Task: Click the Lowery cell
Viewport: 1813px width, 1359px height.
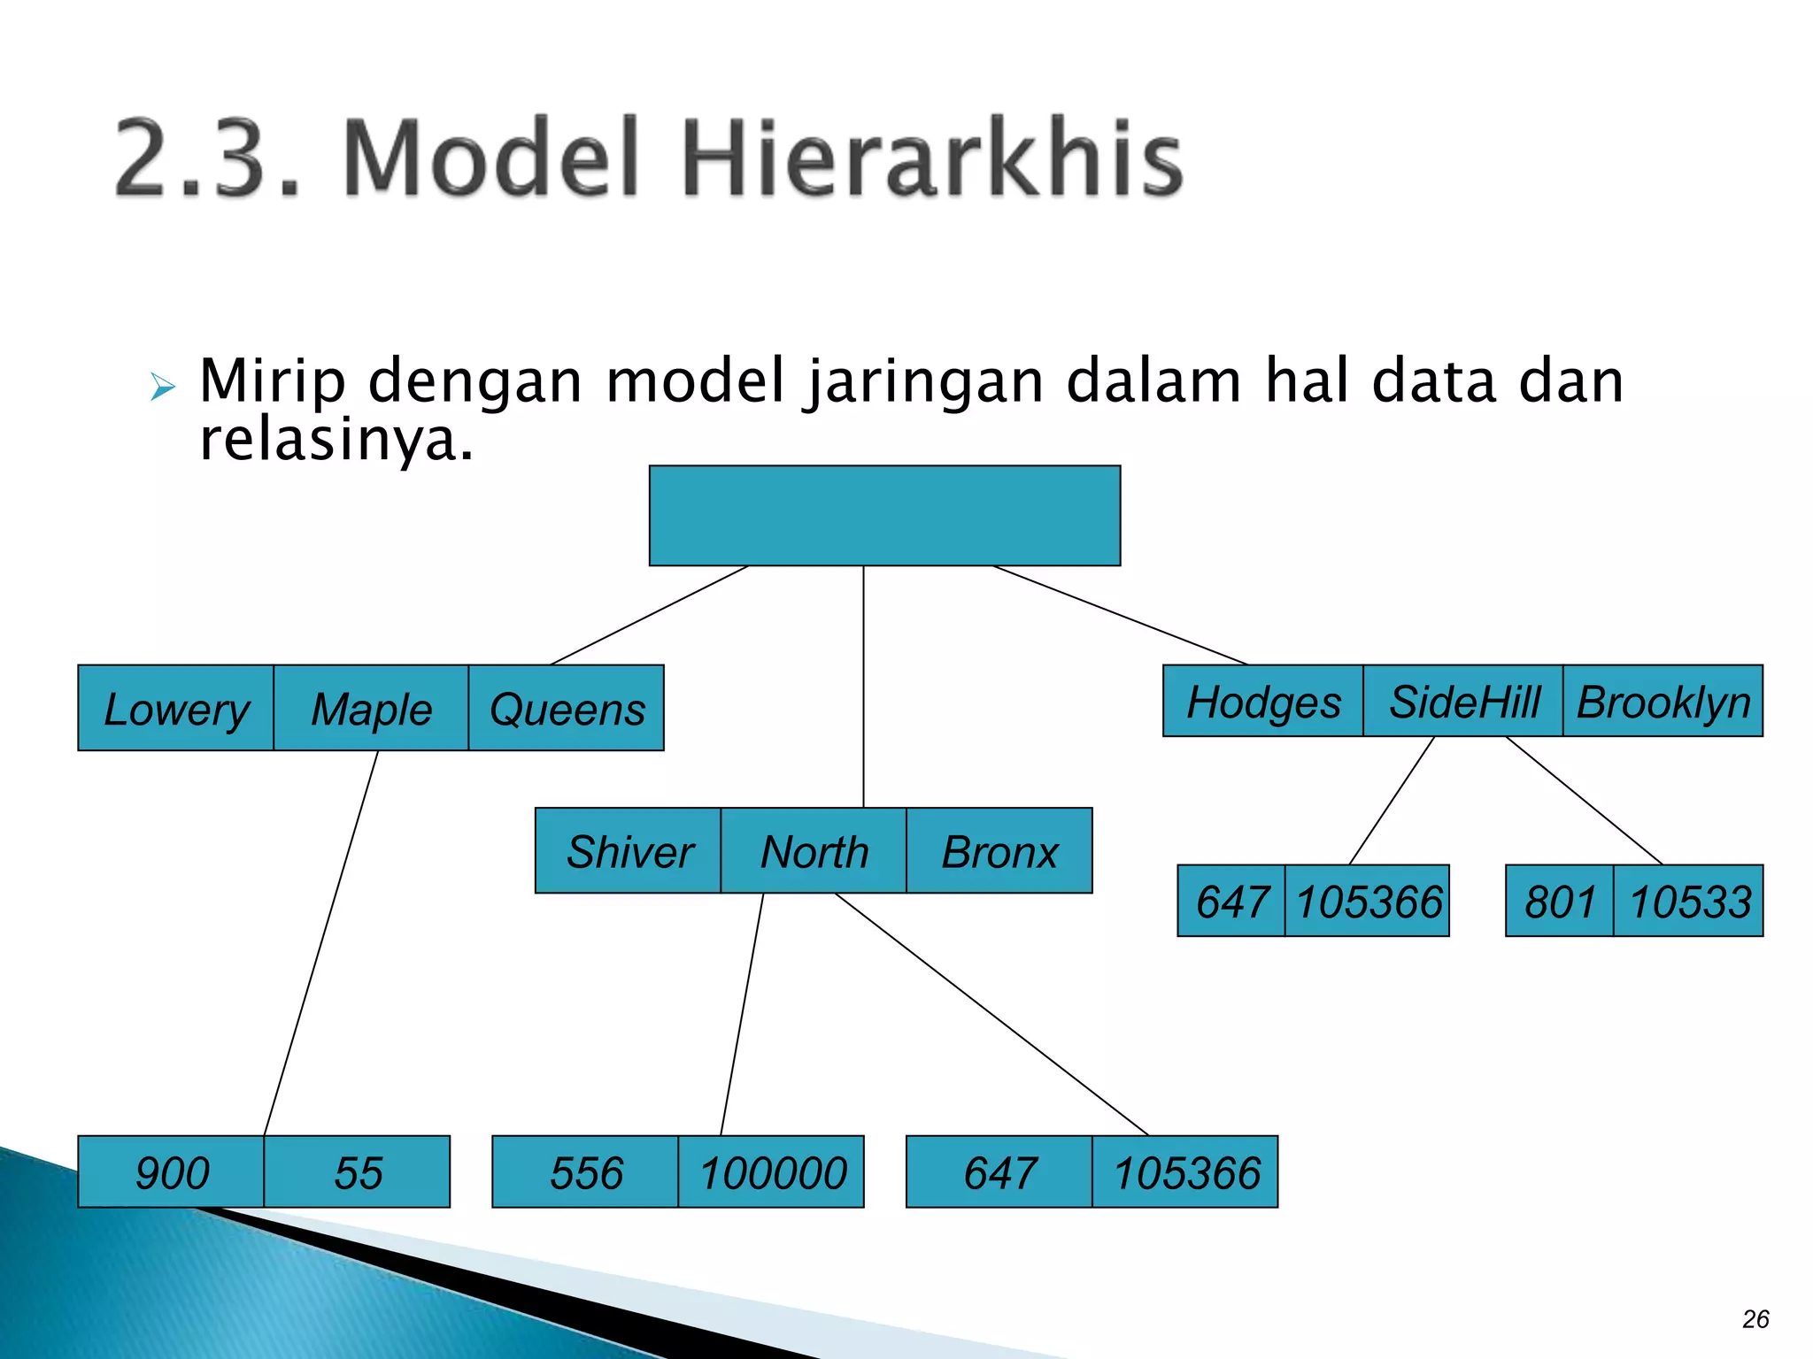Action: tap(175, 709)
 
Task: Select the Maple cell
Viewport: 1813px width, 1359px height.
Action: tap(371, 709)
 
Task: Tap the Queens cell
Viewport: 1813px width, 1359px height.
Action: tap(567, 709)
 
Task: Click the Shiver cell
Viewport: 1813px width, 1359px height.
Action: tap(629, 851)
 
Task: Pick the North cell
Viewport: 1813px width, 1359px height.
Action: tap(814, 851)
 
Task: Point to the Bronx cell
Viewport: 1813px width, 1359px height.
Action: tap(999, 851)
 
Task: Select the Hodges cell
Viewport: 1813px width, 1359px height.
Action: tap(1263, 702)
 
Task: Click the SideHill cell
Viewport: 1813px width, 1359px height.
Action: tap(1463, 702)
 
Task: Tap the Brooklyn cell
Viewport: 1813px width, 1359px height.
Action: tap(1663, 702)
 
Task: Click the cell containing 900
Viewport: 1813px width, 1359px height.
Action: tap(172, 1172)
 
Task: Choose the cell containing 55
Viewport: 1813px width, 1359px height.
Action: tap(358, 1172)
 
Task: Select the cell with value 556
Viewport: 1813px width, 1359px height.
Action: tap(585, 1172)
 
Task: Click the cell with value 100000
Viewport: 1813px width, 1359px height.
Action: tap(772, 1172)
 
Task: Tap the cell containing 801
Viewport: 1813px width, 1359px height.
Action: tap(1560, 902)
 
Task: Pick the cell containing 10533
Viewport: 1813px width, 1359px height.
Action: tap(1689, 902)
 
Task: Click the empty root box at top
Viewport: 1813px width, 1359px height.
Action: tap(884, 516)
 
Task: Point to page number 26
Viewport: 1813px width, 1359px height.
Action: tap(1755, 1319)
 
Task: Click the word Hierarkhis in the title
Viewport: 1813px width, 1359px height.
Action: tap(931, 159)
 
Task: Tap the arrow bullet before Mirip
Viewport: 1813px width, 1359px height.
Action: tap(163, 387)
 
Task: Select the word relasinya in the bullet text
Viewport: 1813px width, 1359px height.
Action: tap(336, 440)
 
